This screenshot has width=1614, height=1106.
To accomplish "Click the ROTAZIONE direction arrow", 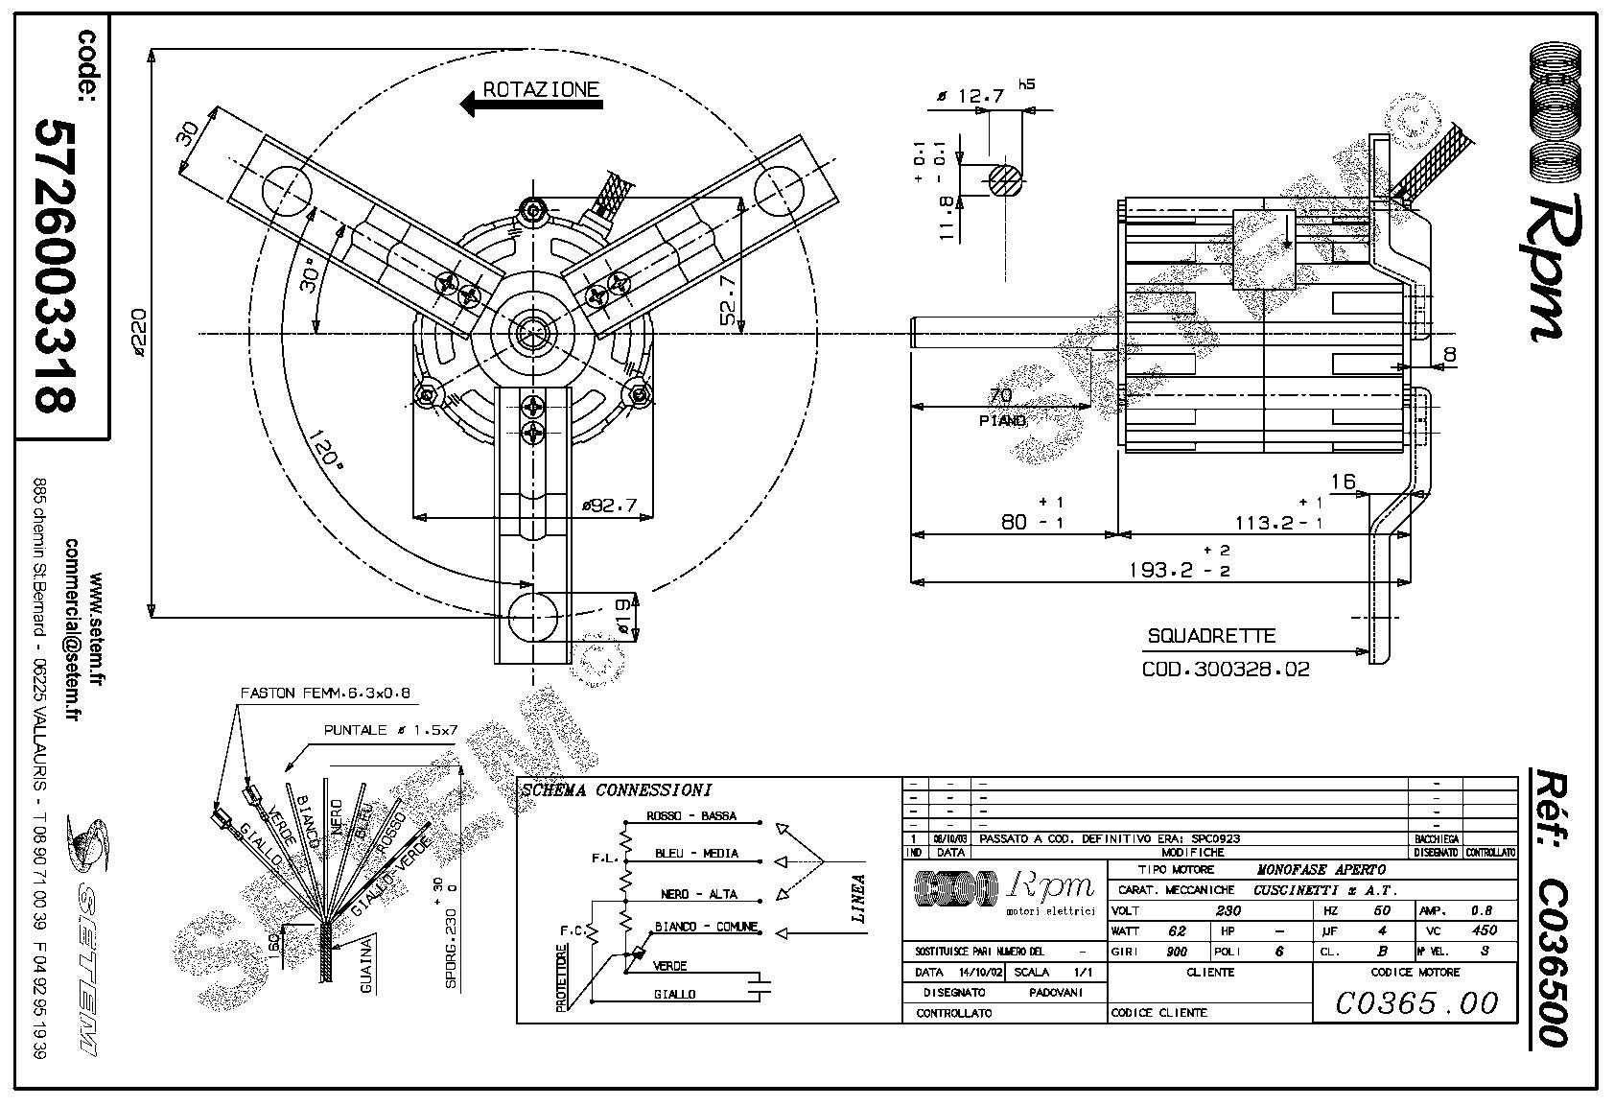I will pyautogui.click(x=531, y=102).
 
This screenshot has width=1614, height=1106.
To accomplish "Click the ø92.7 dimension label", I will pyautogui.click(x=609, y=505).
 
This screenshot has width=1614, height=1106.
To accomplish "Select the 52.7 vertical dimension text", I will pyautogui.click(x=730, y=299).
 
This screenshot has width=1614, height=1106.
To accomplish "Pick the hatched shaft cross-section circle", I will pyautogui.click(x=1004, y=179).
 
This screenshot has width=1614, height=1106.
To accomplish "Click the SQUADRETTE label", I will pyautogui.click(x=1210, y=636).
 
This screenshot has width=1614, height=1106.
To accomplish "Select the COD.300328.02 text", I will pyautogui.click(x=1225, y=669).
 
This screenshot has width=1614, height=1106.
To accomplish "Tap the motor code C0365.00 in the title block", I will pyautogui.click(x=1415, y=1002).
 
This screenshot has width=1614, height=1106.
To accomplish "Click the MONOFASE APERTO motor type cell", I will pyautogui.click(x=1321, y=869).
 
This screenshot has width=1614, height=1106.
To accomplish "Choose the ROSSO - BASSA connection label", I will pyautogui.click(x=691, y=816).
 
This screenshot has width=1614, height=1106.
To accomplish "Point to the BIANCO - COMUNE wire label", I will pyautogui.click(x=706, y=928).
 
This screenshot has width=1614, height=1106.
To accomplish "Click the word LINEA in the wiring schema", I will pyautogui.click(x=858, y=898).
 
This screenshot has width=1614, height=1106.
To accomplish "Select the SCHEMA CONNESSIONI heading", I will pyautogui.click(x=616, y=790).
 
